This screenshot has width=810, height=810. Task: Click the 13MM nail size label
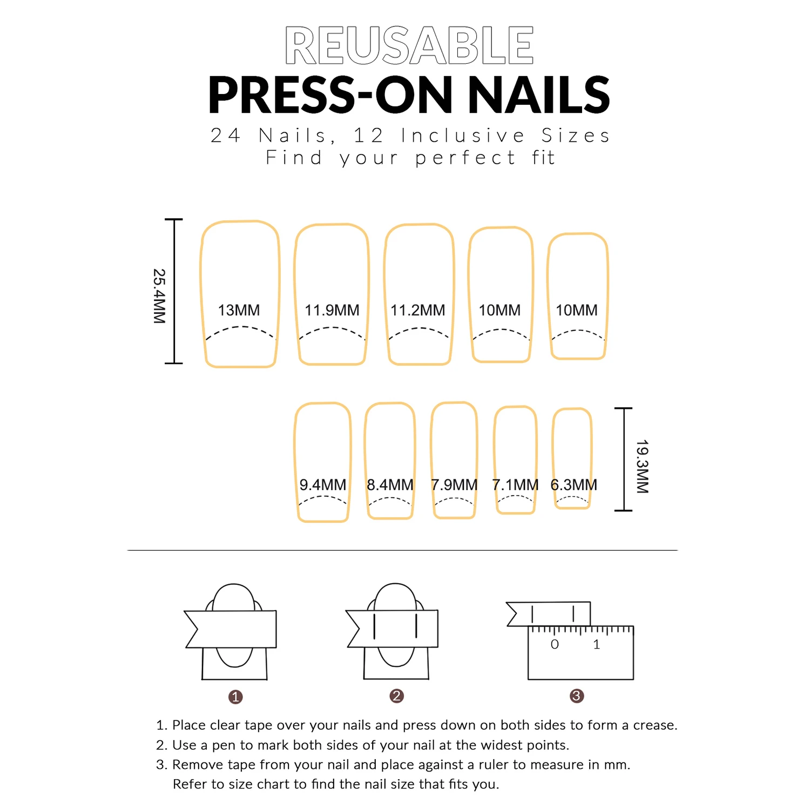tap(239, 310)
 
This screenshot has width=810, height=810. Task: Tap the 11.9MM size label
tap(332, 310)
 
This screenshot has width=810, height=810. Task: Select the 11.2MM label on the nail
tap(417, 310)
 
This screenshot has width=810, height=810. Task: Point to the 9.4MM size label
tap(322, 485)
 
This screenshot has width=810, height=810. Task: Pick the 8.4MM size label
tap(390, 485)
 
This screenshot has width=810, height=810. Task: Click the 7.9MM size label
tap(454, 485)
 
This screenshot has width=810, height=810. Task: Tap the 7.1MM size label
tap(515, 485)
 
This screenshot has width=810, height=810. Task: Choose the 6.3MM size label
tap(573, 485)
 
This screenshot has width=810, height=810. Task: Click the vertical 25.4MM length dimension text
tap(159, 296)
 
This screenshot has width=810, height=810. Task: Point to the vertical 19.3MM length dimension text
tap(642, 467)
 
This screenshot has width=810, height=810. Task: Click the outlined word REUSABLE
tap(409, 46)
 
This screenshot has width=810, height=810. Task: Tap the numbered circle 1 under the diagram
tap(235, 697)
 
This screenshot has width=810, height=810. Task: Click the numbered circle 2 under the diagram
tap(396, 696)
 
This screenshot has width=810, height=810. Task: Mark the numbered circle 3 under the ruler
tap(577, 696)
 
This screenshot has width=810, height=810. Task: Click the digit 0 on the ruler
tap(555, 644)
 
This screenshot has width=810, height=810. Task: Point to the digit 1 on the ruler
tap(596, 644)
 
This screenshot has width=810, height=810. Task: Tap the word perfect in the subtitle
tap(465, 158)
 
